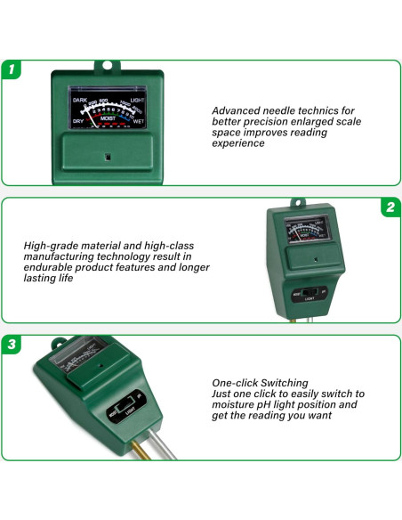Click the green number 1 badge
click(x=12, y=69)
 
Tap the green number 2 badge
click(x=390, y=207)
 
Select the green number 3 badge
click(x=12, y=344)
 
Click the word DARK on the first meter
click(x=80, y=100)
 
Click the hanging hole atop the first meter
click(x=107, y=66)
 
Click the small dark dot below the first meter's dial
click(x=107, y=158)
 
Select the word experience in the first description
click(x=238, y=143)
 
